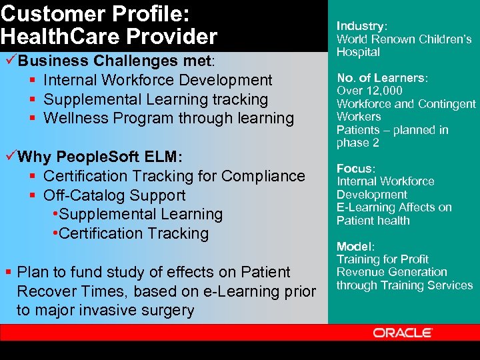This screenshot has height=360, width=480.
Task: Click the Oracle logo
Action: [x=403, y=332]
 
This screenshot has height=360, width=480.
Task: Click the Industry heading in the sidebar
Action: [x=361, y=26]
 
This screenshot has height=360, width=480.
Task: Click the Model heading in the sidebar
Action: [x=354, y=246]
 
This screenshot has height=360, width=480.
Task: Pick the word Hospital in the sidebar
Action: [x=358, y=52]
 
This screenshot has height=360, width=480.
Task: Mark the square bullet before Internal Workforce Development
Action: [x=33, y=81]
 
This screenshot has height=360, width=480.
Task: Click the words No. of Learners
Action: [x=381, y=78]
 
